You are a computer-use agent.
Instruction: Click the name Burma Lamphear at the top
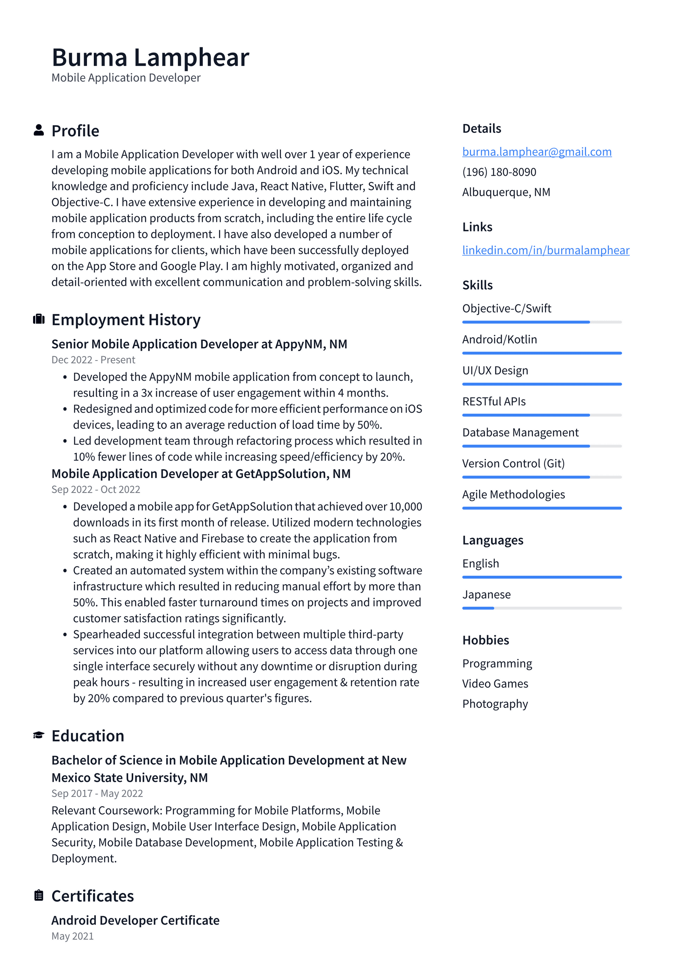[150, 57]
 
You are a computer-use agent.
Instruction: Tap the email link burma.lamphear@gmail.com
[536, 152]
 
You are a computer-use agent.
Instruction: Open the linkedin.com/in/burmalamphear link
[545, 250]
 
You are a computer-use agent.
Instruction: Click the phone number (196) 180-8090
[499, 172]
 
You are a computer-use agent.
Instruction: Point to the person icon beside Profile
[39, 130]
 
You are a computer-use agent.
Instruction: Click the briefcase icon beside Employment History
[39, 319]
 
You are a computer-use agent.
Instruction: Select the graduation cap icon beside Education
[39, 735]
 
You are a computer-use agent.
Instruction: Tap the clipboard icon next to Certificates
[39, 895]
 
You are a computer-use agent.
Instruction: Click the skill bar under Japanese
[542, 608]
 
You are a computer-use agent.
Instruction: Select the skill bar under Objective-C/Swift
[542, 322]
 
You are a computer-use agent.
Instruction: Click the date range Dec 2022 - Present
[93, 360]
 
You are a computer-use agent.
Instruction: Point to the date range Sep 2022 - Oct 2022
[95, 489]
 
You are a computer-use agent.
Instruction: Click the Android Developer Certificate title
[135, 920]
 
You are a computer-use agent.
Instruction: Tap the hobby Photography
[495, 704]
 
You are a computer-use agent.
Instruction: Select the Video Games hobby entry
[495, 684]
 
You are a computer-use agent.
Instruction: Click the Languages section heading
[492, 540]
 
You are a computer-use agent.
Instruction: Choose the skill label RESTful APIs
[494, 401]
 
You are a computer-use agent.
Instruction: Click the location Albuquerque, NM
[506, 192]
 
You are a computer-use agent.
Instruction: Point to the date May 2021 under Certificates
[73, 936]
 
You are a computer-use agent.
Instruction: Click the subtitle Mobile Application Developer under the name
[126, 78]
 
